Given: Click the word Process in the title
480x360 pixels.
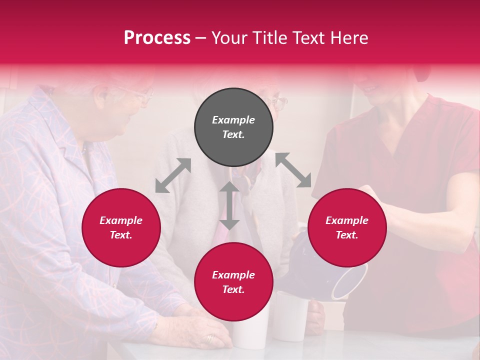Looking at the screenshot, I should click(x=157, y=38).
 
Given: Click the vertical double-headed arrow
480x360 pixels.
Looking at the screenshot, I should click(x=229, y=205).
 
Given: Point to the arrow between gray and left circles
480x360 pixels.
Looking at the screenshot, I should click(x=173, y=175).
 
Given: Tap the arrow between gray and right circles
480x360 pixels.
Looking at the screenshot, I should click(x=293, y=170).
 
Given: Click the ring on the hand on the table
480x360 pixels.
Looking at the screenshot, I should click(x=210, y=338).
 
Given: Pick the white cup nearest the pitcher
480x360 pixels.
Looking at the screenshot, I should click(x=291, y=315).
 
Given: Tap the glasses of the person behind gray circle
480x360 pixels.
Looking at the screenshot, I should click(x=278, y=103).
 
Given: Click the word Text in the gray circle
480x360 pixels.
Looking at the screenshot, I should click(x=233, y=134).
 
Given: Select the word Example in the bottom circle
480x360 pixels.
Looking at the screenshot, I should click(x=233, y=274).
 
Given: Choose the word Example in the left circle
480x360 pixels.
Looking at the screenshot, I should click(x=121, y=220).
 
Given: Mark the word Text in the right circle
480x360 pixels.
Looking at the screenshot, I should click(x=347, y=235).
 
